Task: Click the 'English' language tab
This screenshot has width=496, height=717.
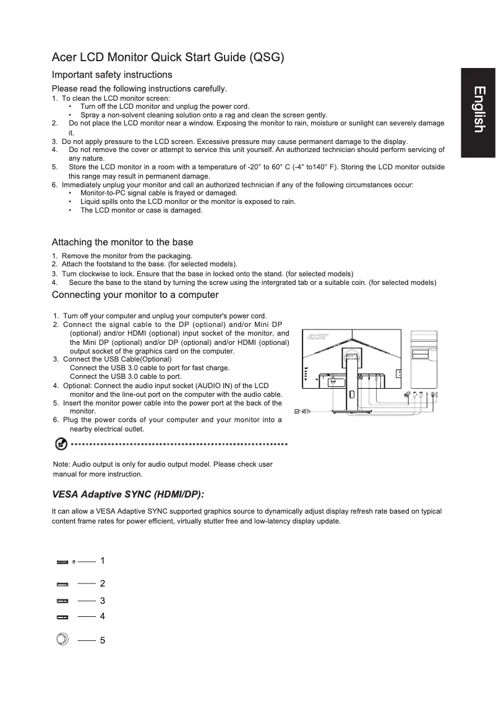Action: point(478,109)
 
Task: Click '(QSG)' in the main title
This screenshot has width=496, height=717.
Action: point(265,58)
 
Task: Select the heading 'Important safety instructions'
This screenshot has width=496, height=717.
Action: point(111,75)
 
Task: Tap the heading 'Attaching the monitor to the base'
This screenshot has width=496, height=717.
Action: point(122,242)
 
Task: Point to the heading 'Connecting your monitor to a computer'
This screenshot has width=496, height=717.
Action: point(135,294)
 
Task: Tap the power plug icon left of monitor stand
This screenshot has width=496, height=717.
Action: point(302,410)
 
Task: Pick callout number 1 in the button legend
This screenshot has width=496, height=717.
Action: point(102,561)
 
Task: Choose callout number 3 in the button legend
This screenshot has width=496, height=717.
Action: point(102,600)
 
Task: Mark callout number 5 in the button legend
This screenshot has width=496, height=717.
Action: point(102,640)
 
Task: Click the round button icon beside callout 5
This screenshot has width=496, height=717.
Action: point(62,639)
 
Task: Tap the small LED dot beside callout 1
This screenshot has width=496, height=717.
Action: point(74,562)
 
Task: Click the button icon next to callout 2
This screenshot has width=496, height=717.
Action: point(62,584)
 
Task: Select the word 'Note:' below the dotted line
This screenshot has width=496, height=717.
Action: point(62,464)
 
